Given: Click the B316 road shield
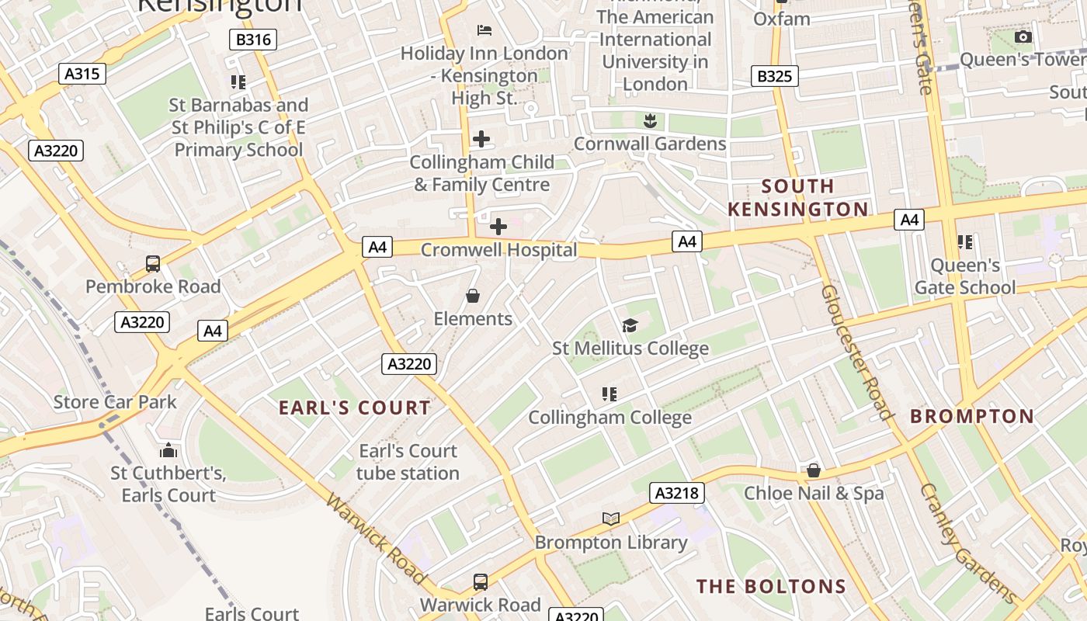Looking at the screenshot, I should click(x=253, y=40).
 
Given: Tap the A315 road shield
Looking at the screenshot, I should click(x=82, y=74).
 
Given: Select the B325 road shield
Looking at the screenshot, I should click(x=774, y=76).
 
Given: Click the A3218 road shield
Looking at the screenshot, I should click(x=678, y=493).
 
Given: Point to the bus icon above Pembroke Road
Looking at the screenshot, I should click(x=153, y=264).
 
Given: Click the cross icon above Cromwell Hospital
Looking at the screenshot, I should click(x=498, y=227).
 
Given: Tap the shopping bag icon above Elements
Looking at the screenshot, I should click(x=472, y=296).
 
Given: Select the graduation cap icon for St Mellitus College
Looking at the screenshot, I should click(x=630, y=326).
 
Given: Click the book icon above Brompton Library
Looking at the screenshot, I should click(x=611, y=519).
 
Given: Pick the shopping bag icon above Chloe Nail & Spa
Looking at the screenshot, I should click(x=813, y=470).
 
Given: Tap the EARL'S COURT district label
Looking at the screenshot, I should click(x=354, y=408).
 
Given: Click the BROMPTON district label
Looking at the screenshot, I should click(x=972, y=416).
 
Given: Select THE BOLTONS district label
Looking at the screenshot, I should click(x=770, y=586).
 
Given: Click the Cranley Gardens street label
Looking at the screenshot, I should click(x=967, y=543).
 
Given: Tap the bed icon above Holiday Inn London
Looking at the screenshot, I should click(x=484, y=30).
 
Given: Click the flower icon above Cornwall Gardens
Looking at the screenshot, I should click(x=650, y=120).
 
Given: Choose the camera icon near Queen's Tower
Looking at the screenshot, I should click(x=1023, y=36).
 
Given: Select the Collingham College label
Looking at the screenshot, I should click(x=609, y=418).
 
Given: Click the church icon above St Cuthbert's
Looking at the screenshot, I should click(x=168, y=450).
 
